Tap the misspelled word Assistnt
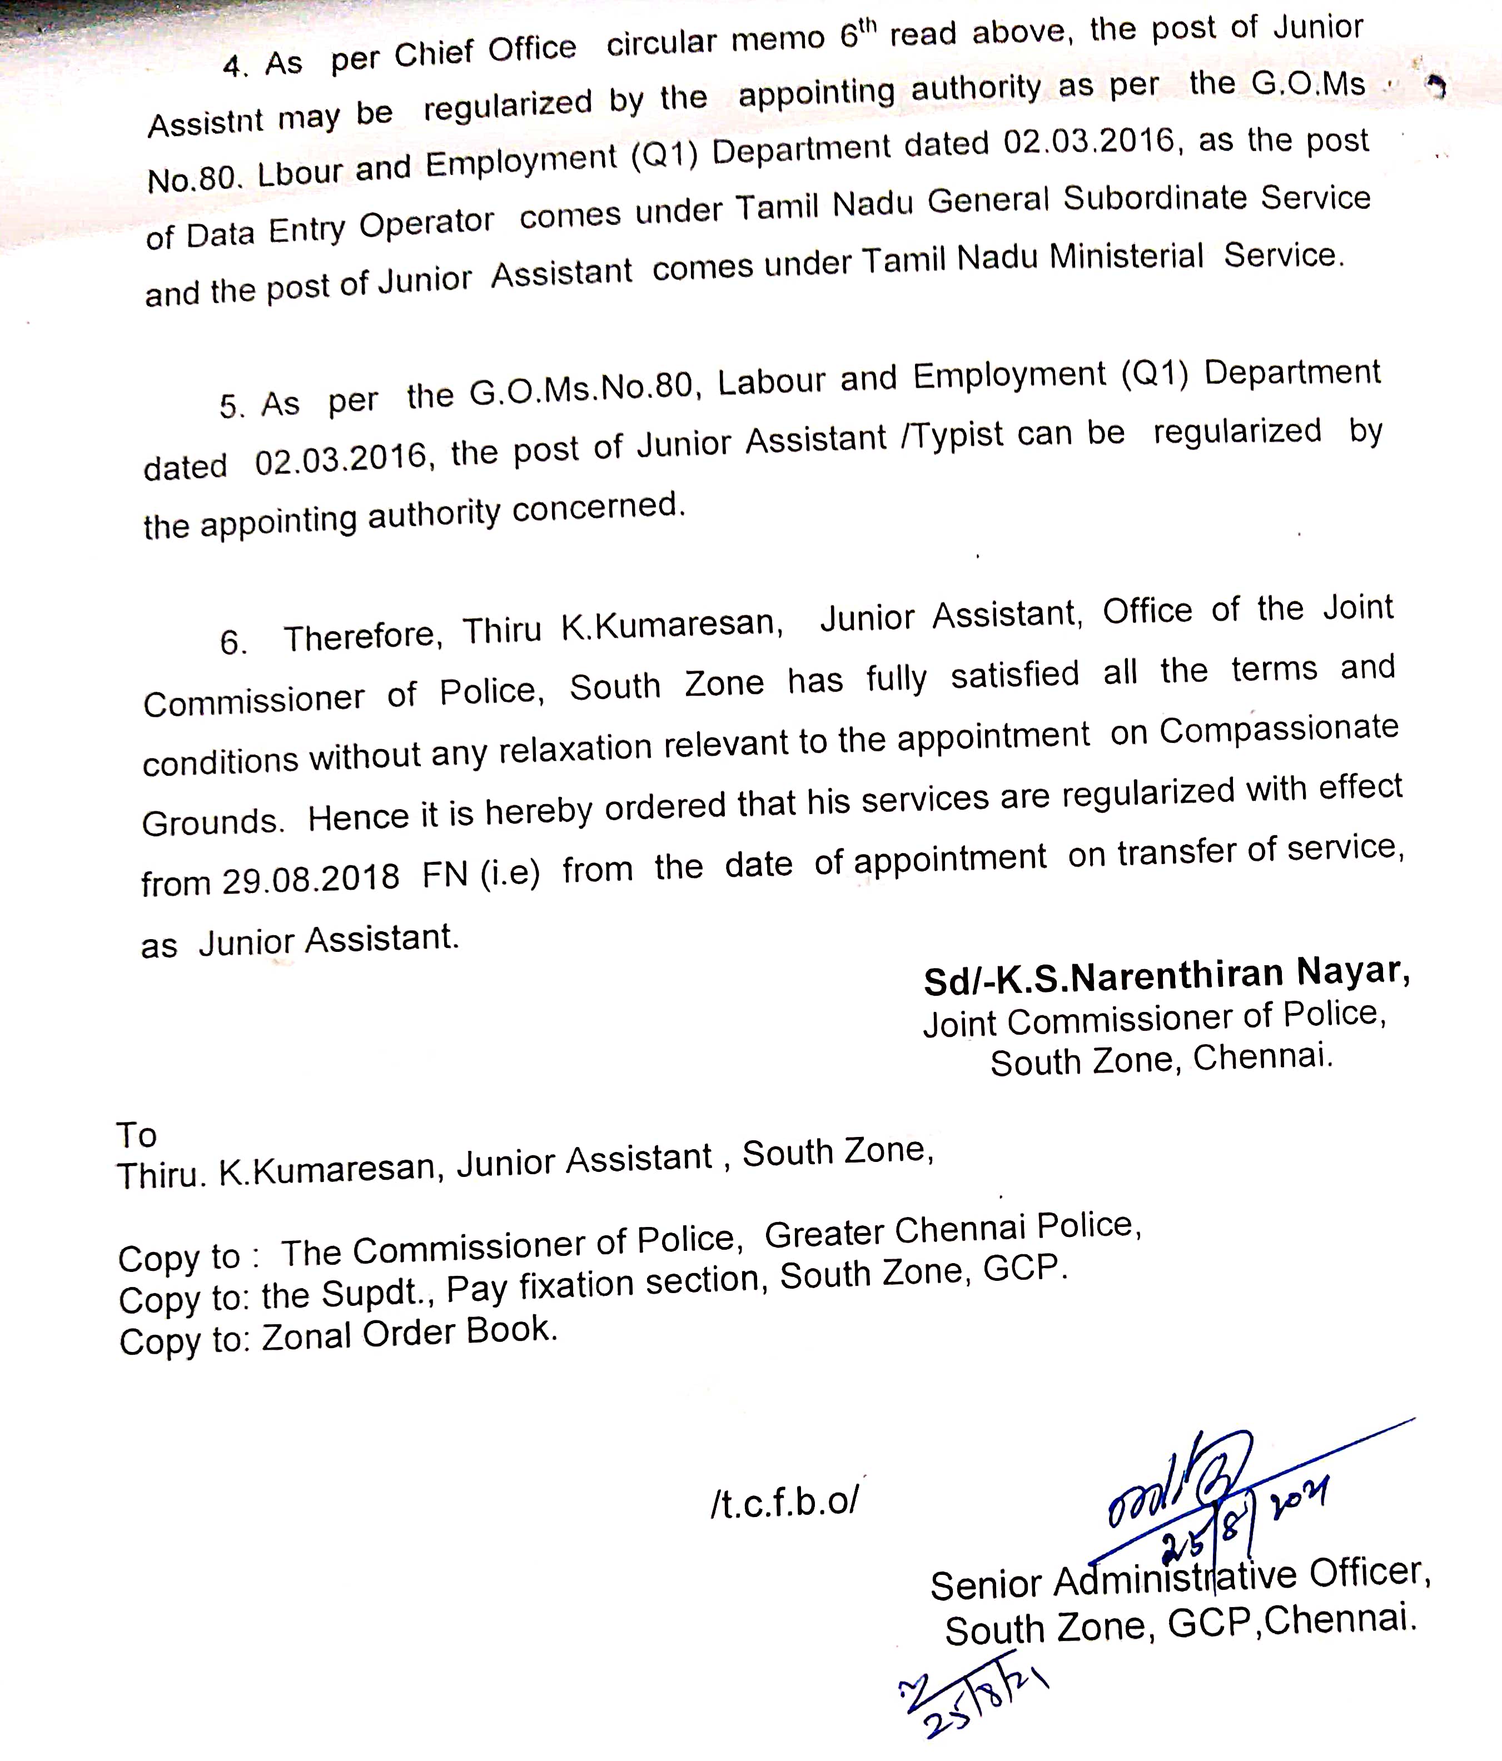[206, 123]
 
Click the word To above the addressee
[137, 1135]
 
